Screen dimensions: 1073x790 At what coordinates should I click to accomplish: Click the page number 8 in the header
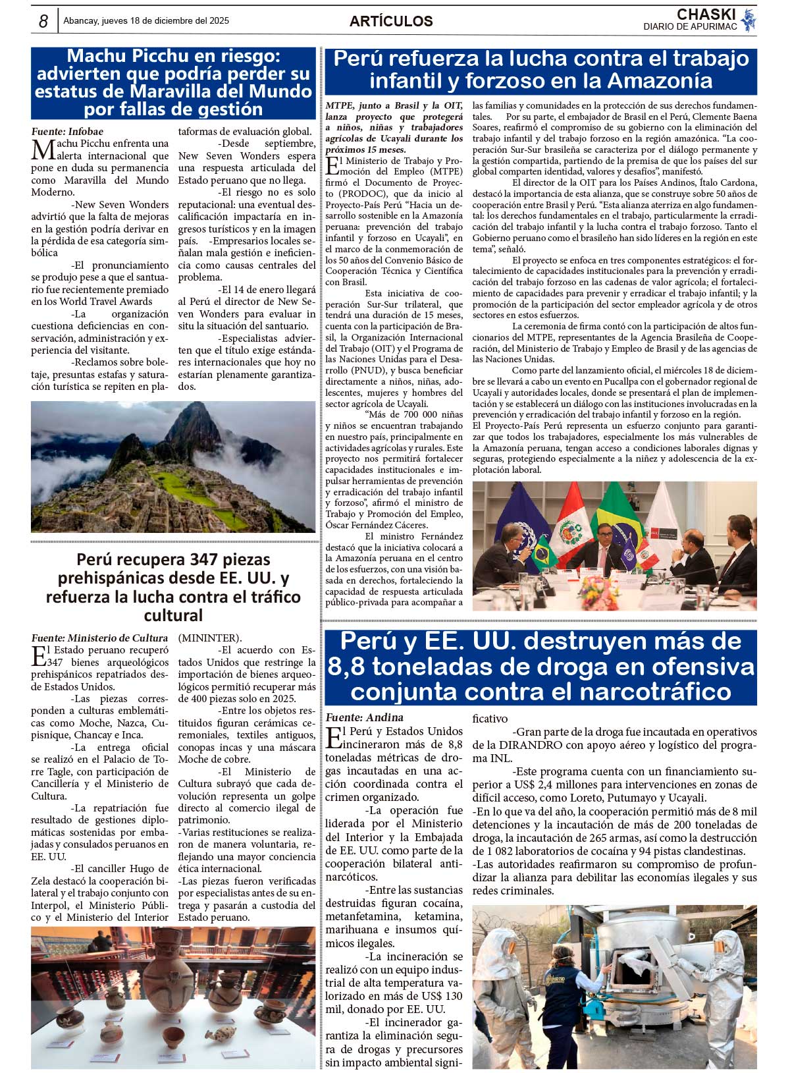(43, 22)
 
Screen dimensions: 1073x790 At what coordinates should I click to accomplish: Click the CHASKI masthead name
(706, 14)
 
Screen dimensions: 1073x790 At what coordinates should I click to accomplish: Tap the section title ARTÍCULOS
(391, 21)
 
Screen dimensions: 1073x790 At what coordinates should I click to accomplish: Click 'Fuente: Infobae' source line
(67, 131)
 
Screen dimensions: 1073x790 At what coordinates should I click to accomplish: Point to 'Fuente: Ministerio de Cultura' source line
(99, 638)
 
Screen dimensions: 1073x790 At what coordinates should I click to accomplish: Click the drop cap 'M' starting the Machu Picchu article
(43, 150)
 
